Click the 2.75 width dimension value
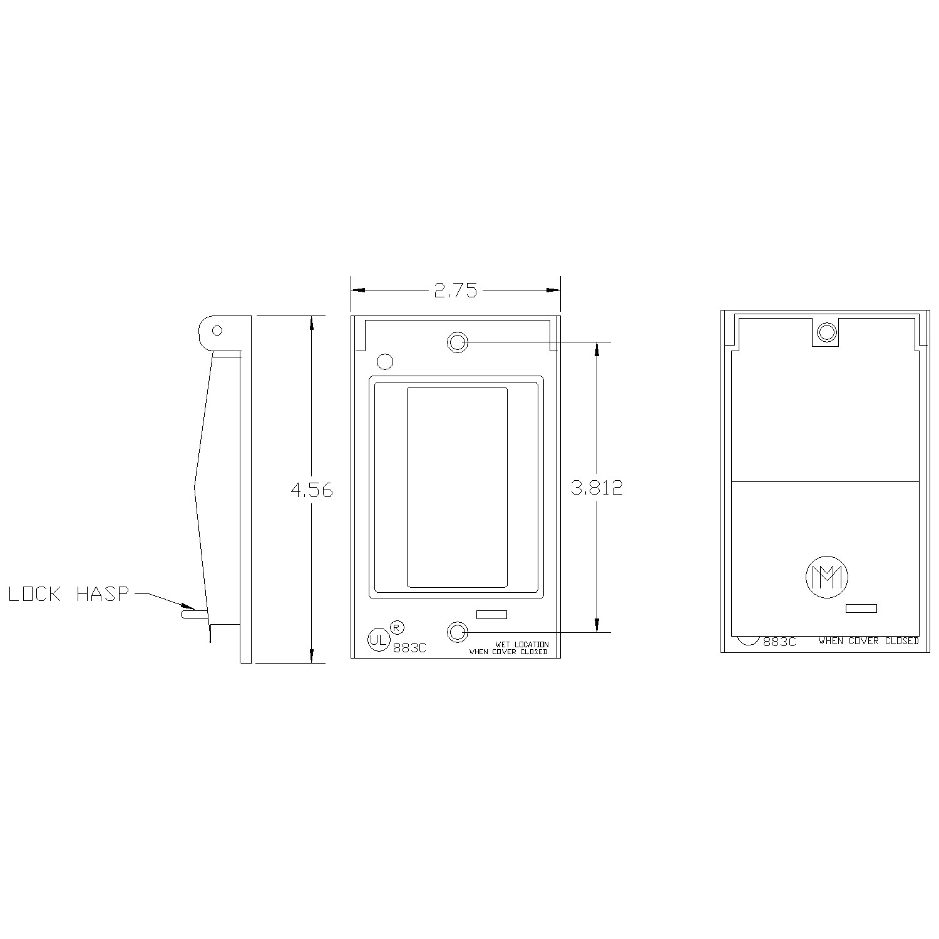click(x=455, y=290)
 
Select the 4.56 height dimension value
click(x=312, y=490)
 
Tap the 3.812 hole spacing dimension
click(x=597, y=488)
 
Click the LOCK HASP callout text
click(x=68, y=594)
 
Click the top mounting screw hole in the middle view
click(x=458, y=342)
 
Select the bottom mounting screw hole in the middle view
click(x=458, y=632)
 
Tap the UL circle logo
click(x=377, y=640)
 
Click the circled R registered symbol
click(x=397, y=627)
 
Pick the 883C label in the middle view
click(x=409, y=649)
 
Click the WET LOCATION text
click(x=522, y=644)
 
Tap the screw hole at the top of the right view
click(x=826, y=331)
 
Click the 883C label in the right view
click(x=779, y=642)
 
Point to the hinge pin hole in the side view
click(x=217, y=330)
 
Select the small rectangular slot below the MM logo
click(x=861, y=608)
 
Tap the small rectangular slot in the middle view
click(x=491, y=615)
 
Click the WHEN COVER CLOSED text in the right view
click(x=868, y=641)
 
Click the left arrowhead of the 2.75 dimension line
click(x=358, y=290)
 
